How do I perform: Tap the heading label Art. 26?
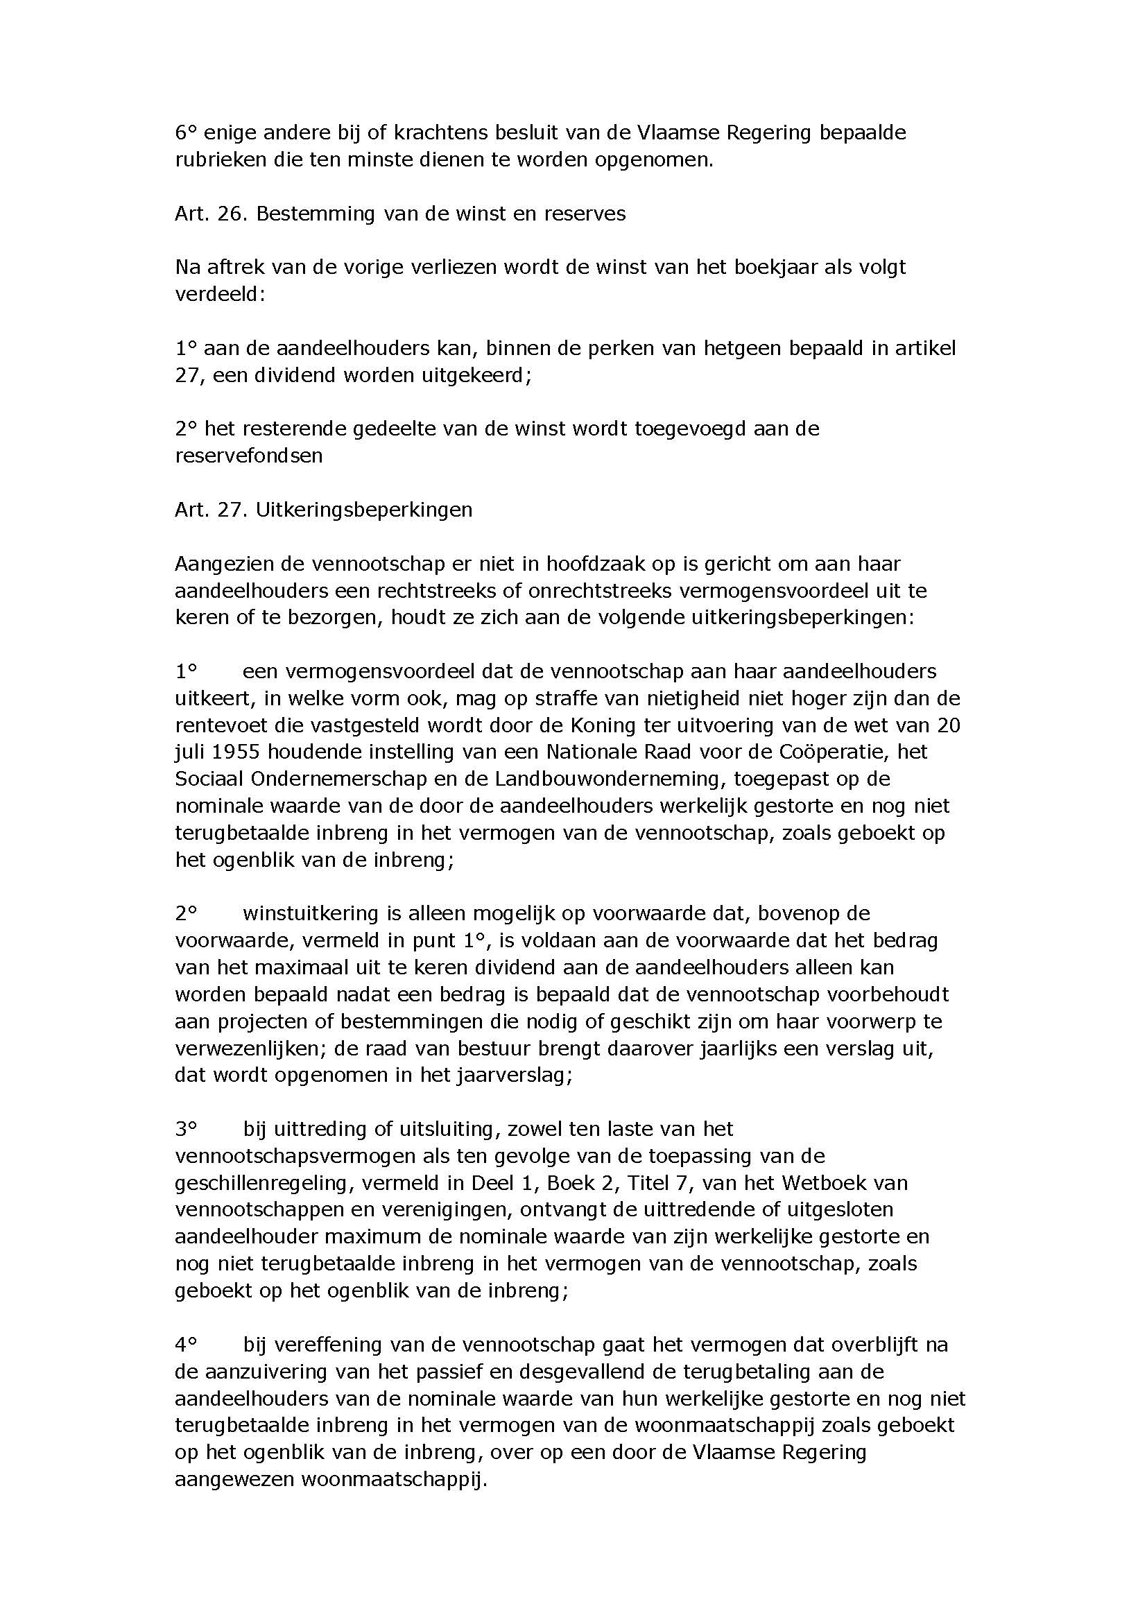click(x=209, y=214)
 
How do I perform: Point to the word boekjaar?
click(x=768, y=268)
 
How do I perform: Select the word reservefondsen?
click(x=249, y=456)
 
